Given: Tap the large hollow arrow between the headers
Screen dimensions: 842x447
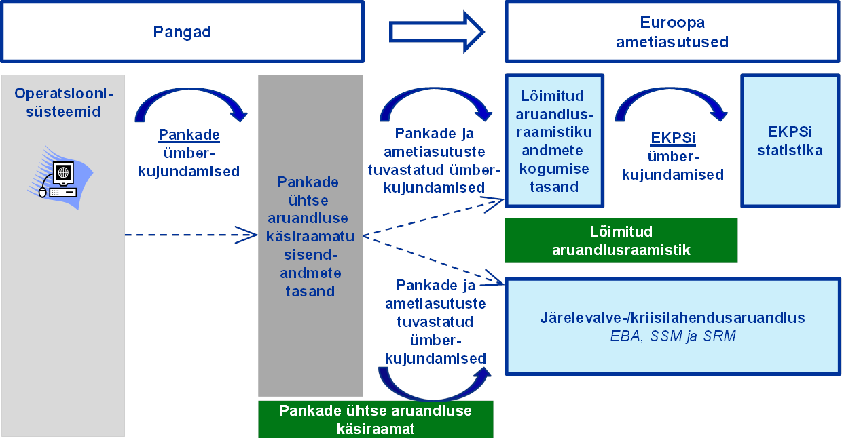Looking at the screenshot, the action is pos(437,32).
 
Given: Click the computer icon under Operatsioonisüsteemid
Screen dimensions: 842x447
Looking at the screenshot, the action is pos(60,177).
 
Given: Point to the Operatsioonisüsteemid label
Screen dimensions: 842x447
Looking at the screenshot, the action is pos(64,102).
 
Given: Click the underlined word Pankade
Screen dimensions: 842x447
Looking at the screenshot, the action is pos(189,134).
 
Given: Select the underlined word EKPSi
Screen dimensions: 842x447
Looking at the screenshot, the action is pos(673,138).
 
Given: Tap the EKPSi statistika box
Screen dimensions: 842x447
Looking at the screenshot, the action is pos(790,141).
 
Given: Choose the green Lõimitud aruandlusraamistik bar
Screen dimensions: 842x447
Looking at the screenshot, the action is pos(621,240).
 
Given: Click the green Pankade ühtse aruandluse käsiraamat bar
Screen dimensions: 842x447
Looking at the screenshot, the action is pos(376,419).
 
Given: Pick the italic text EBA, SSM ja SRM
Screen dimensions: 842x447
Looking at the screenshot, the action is pos(672,336).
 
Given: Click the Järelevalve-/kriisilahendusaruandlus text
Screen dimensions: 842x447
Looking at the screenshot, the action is pos(672,317).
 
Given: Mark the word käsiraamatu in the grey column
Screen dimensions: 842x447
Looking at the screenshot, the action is pos(310,237).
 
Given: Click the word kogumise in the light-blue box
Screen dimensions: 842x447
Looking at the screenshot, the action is pos(554,169).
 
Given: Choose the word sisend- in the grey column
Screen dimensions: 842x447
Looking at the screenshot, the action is pos(310,254).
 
